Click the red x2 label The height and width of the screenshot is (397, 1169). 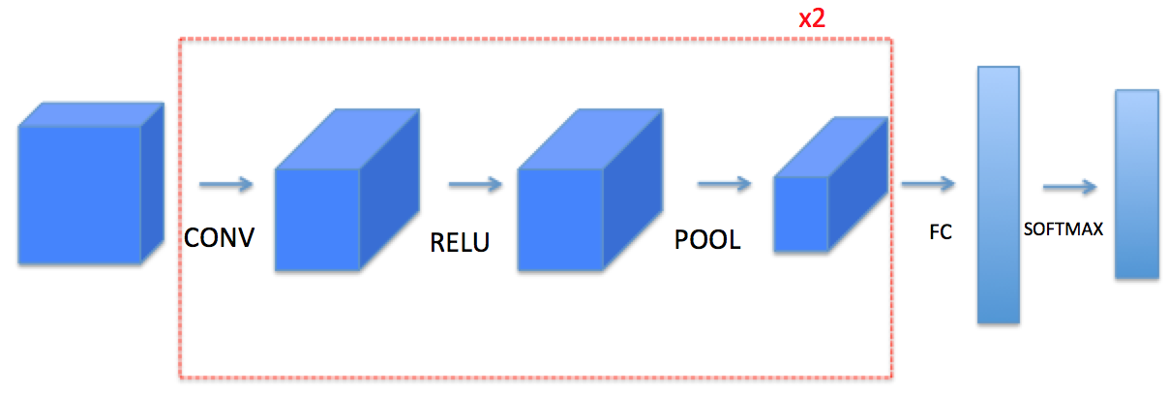pyautogui.click(x=811, y=18)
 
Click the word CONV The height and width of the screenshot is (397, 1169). pyautogui.click(x=220, y=236)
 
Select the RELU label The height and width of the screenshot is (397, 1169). pyautogui.click(x=460, y=242)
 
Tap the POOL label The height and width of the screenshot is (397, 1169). pyautogui.click(x=707, y=240)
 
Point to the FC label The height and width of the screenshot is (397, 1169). pyautogui.click(x=940, y=234)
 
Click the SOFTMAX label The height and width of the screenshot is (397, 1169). pyautogui.click(x=1064, y=230)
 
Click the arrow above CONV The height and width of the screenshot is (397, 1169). pyautogui.click(x=225, y=184)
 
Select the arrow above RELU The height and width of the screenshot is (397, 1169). pyautogui.click(x=475, y=184)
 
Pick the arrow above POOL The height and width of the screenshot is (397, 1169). pyautogui.click(x=724, y=184)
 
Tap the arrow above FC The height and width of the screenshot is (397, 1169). pyautogui.click(x=927, y=184)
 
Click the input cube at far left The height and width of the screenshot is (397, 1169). pyautogui.click(x=80, y=194)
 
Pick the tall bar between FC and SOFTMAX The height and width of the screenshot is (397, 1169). pyautogui.click(x=999, y=194)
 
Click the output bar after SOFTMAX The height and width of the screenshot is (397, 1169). pyautogui.click(x=1136, y=184)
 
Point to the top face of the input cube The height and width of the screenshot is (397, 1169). pyautogui.click(x=92, y=113)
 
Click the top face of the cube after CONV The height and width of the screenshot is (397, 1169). pyautogui.click(x=348, y=138)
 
